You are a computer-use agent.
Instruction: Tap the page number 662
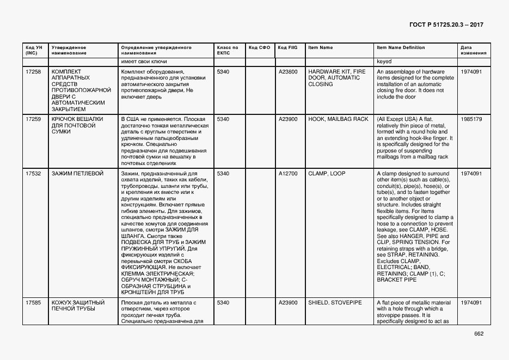point(479,334)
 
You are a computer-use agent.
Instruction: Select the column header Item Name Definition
point(401,48)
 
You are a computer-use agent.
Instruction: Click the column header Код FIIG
point(287,48)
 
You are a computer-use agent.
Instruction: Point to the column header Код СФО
point(259,48)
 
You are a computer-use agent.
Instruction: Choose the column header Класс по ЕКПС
point(228,51)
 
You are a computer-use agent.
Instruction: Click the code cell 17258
point(33,71)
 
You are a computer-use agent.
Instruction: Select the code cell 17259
point(33,119)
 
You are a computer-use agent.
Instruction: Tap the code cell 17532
point(33,174)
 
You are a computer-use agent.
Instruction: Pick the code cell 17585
point(33,302)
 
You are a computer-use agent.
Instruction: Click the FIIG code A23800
point(288,71)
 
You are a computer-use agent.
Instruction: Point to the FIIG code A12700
point(288,174)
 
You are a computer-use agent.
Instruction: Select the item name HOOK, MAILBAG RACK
point(338,119)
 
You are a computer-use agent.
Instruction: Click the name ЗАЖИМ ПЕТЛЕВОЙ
point(77,174)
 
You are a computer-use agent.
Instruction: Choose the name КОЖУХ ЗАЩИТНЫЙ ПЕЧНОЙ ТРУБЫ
point(77,306)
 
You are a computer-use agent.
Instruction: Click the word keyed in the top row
point(384,62)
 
